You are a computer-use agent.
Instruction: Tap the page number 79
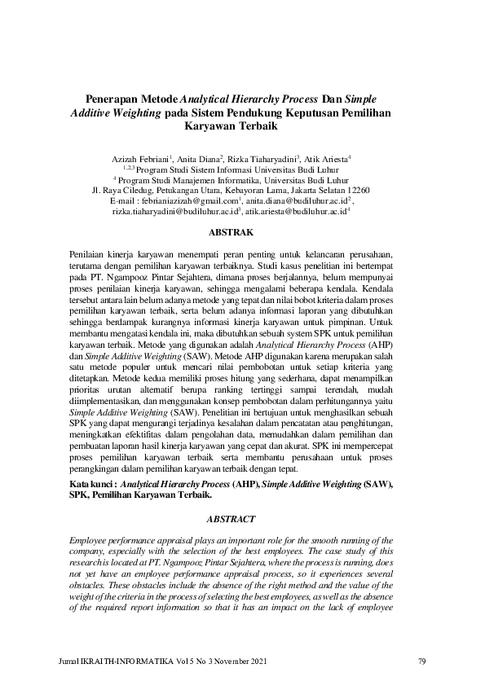[x=421, y=660]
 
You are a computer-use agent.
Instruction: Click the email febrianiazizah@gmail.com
[x=192, y=200]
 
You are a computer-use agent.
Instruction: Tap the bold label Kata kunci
[x=90, y=484]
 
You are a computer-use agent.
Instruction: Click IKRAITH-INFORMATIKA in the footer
[x=121, y=660]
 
